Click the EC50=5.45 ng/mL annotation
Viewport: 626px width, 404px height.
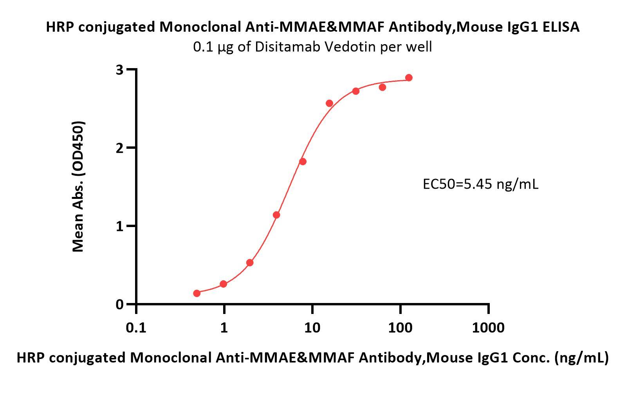480,184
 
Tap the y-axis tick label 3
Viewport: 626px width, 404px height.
119,70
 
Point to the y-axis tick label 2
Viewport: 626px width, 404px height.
119,148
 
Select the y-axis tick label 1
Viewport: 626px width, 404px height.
119,226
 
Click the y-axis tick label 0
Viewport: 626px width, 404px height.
119,305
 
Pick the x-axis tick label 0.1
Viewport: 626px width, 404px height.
136,327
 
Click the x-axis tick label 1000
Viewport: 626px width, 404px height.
488,327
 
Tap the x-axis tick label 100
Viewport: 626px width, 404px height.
400,327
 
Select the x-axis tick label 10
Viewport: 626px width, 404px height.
312,327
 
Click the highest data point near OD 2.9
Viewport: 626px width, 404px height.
409,78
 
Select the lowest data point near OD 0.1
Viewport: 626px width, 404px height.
197,293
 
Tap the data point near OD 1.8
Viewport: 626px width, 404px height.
303,162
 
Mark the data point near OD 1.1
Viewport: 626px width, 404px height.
276,215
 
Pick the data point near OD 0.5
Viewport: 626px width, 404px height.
250,263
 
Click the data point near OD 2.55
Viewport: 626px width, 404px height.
329,103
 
